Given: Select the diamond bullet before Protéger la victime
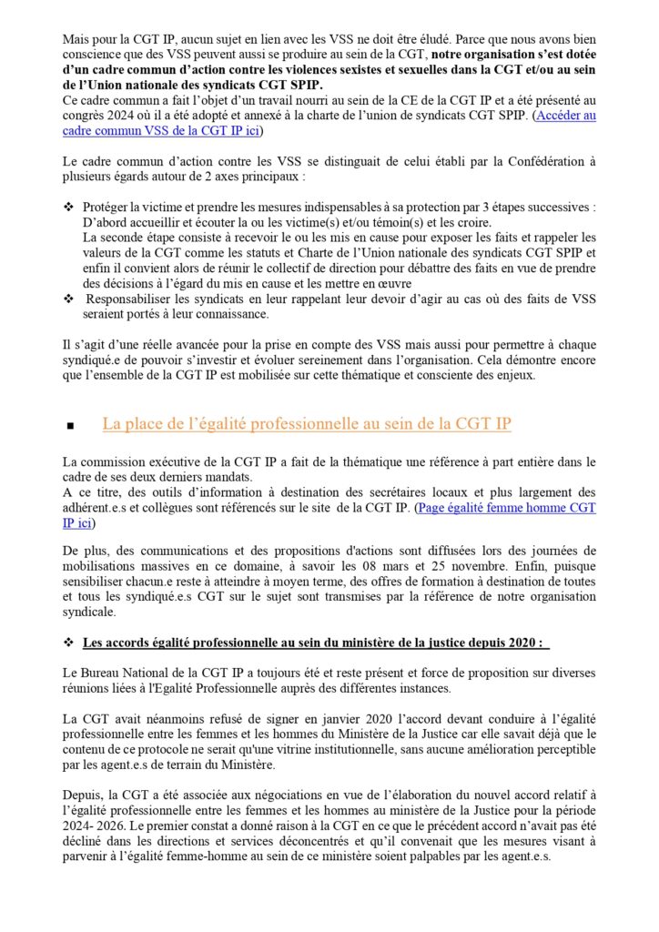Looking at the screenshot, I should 68,208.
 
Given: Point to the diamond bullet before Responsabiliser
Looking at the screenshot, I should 68,299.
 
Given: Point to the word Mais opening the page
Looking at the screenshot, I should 77,40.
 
